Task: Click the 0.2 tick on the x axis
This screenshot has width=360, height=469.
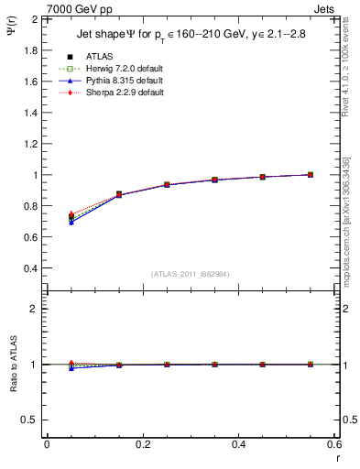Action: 142,445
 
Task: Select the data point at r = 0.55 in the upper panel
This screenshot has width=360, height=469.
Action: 311,175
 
